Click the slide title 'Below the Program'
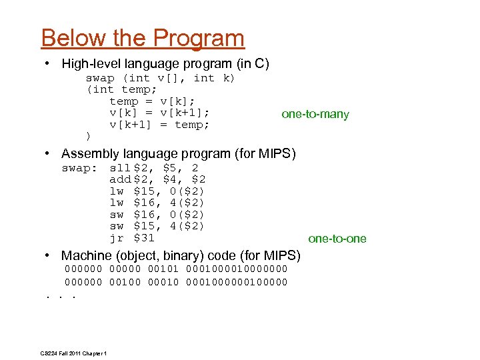[143, 39]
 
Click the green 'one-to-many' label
[315, 115]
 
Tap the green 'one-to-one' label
[337, 239]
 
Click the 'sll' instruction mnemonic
[120, 168]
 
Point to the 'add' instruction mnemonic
[120, 179]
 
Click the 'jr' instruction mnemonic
[117, 238]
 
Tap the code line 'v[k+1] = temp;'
[159, 125]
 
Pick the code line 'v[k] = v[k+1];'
[159, 113]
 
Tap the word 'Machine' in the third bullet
[86, 256]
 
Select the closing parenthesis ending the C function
[89, 136]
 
